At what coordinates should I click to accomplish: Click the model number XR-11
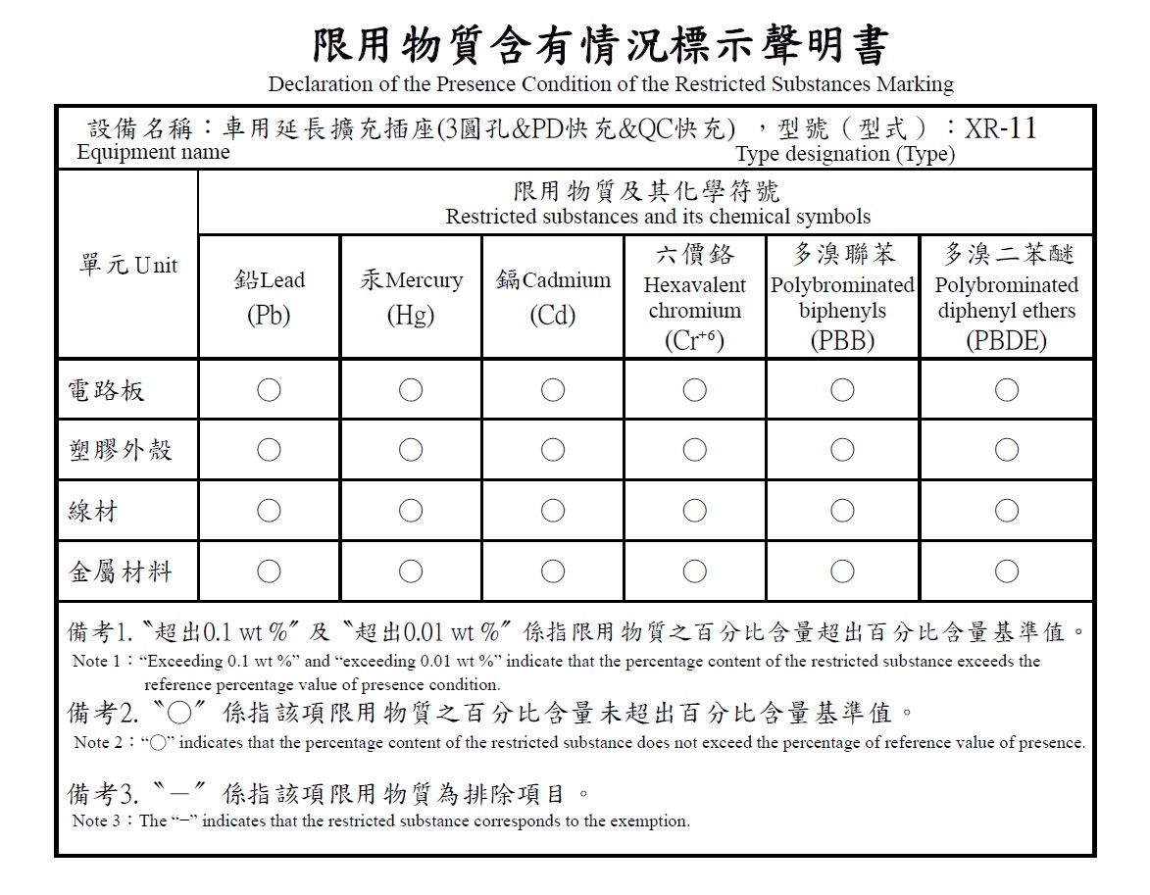point(1000,129)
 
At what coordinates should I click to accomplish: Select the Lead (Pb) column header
point(269,297)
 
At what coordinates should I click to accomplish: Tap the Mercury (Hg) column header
point(411,297)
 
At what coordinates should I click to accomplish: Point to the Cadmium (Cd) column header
point(553,297)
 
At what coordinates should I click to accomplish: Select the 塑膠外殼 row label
point(120,450)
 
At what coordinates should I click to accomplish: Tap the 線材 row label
point(93,510)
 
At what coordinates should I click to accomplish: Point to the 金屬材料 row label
point(120,571)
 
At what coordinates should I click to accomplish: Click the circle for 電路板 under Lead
point(269,390)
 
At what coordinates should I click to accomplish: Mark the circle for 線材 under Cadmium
point(553,510)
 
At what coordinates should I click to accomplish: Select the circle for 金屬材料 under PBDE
point(1006,571)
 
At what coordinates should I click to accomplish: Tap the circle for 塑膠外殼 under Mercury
point(411,450)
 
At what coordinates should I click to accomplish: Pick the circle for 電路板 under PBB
point(842,390)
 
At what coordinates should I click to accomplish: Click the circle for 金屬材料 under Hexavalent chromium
point(694,571)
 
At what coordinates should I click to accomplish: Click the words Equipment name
point(153,153)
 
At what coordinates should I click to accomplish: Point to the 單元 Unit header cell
point(128,266)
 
